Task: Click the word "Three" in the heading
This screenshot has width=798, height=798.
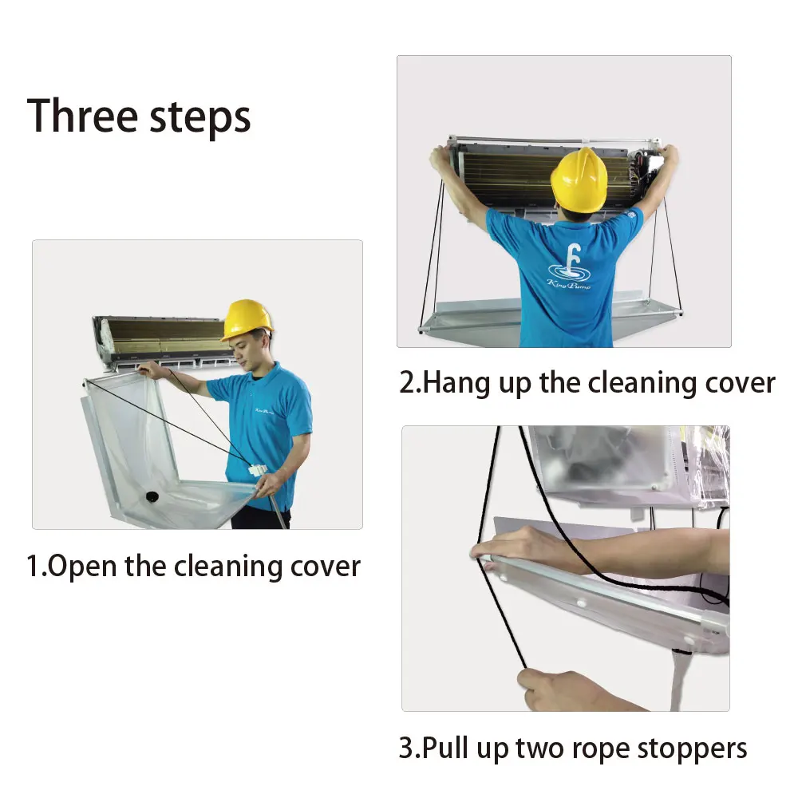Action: (83, 116)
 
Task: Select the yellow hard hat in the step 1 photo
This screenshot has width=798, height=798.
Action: (247, 319)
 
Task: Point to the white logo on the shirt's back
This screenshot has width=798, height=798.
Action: (569, 268)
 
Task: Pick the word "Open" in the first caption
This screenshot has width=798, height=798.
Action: (83, 567)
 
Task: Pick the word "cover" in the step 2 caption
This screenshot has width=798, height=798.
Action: (734, 383)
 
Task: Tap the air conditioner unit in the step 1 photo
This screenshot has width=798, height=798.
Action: (160, 339)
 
